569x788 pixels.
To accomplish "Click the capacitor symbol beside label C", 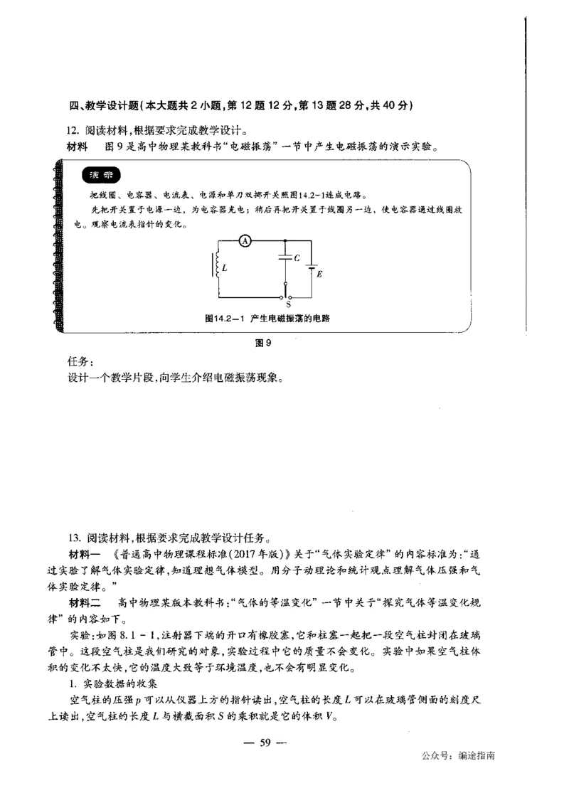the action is click(284, 260).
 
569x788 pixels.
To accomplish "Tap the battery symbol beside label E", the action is click(312, 270).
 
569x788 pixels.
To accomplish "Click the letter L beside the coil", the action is click(225, 269).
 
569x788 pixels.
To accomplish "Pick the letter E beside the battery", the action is click(319, 273).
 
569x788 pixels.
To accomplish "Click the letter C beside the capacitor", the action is click(295, 258).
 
